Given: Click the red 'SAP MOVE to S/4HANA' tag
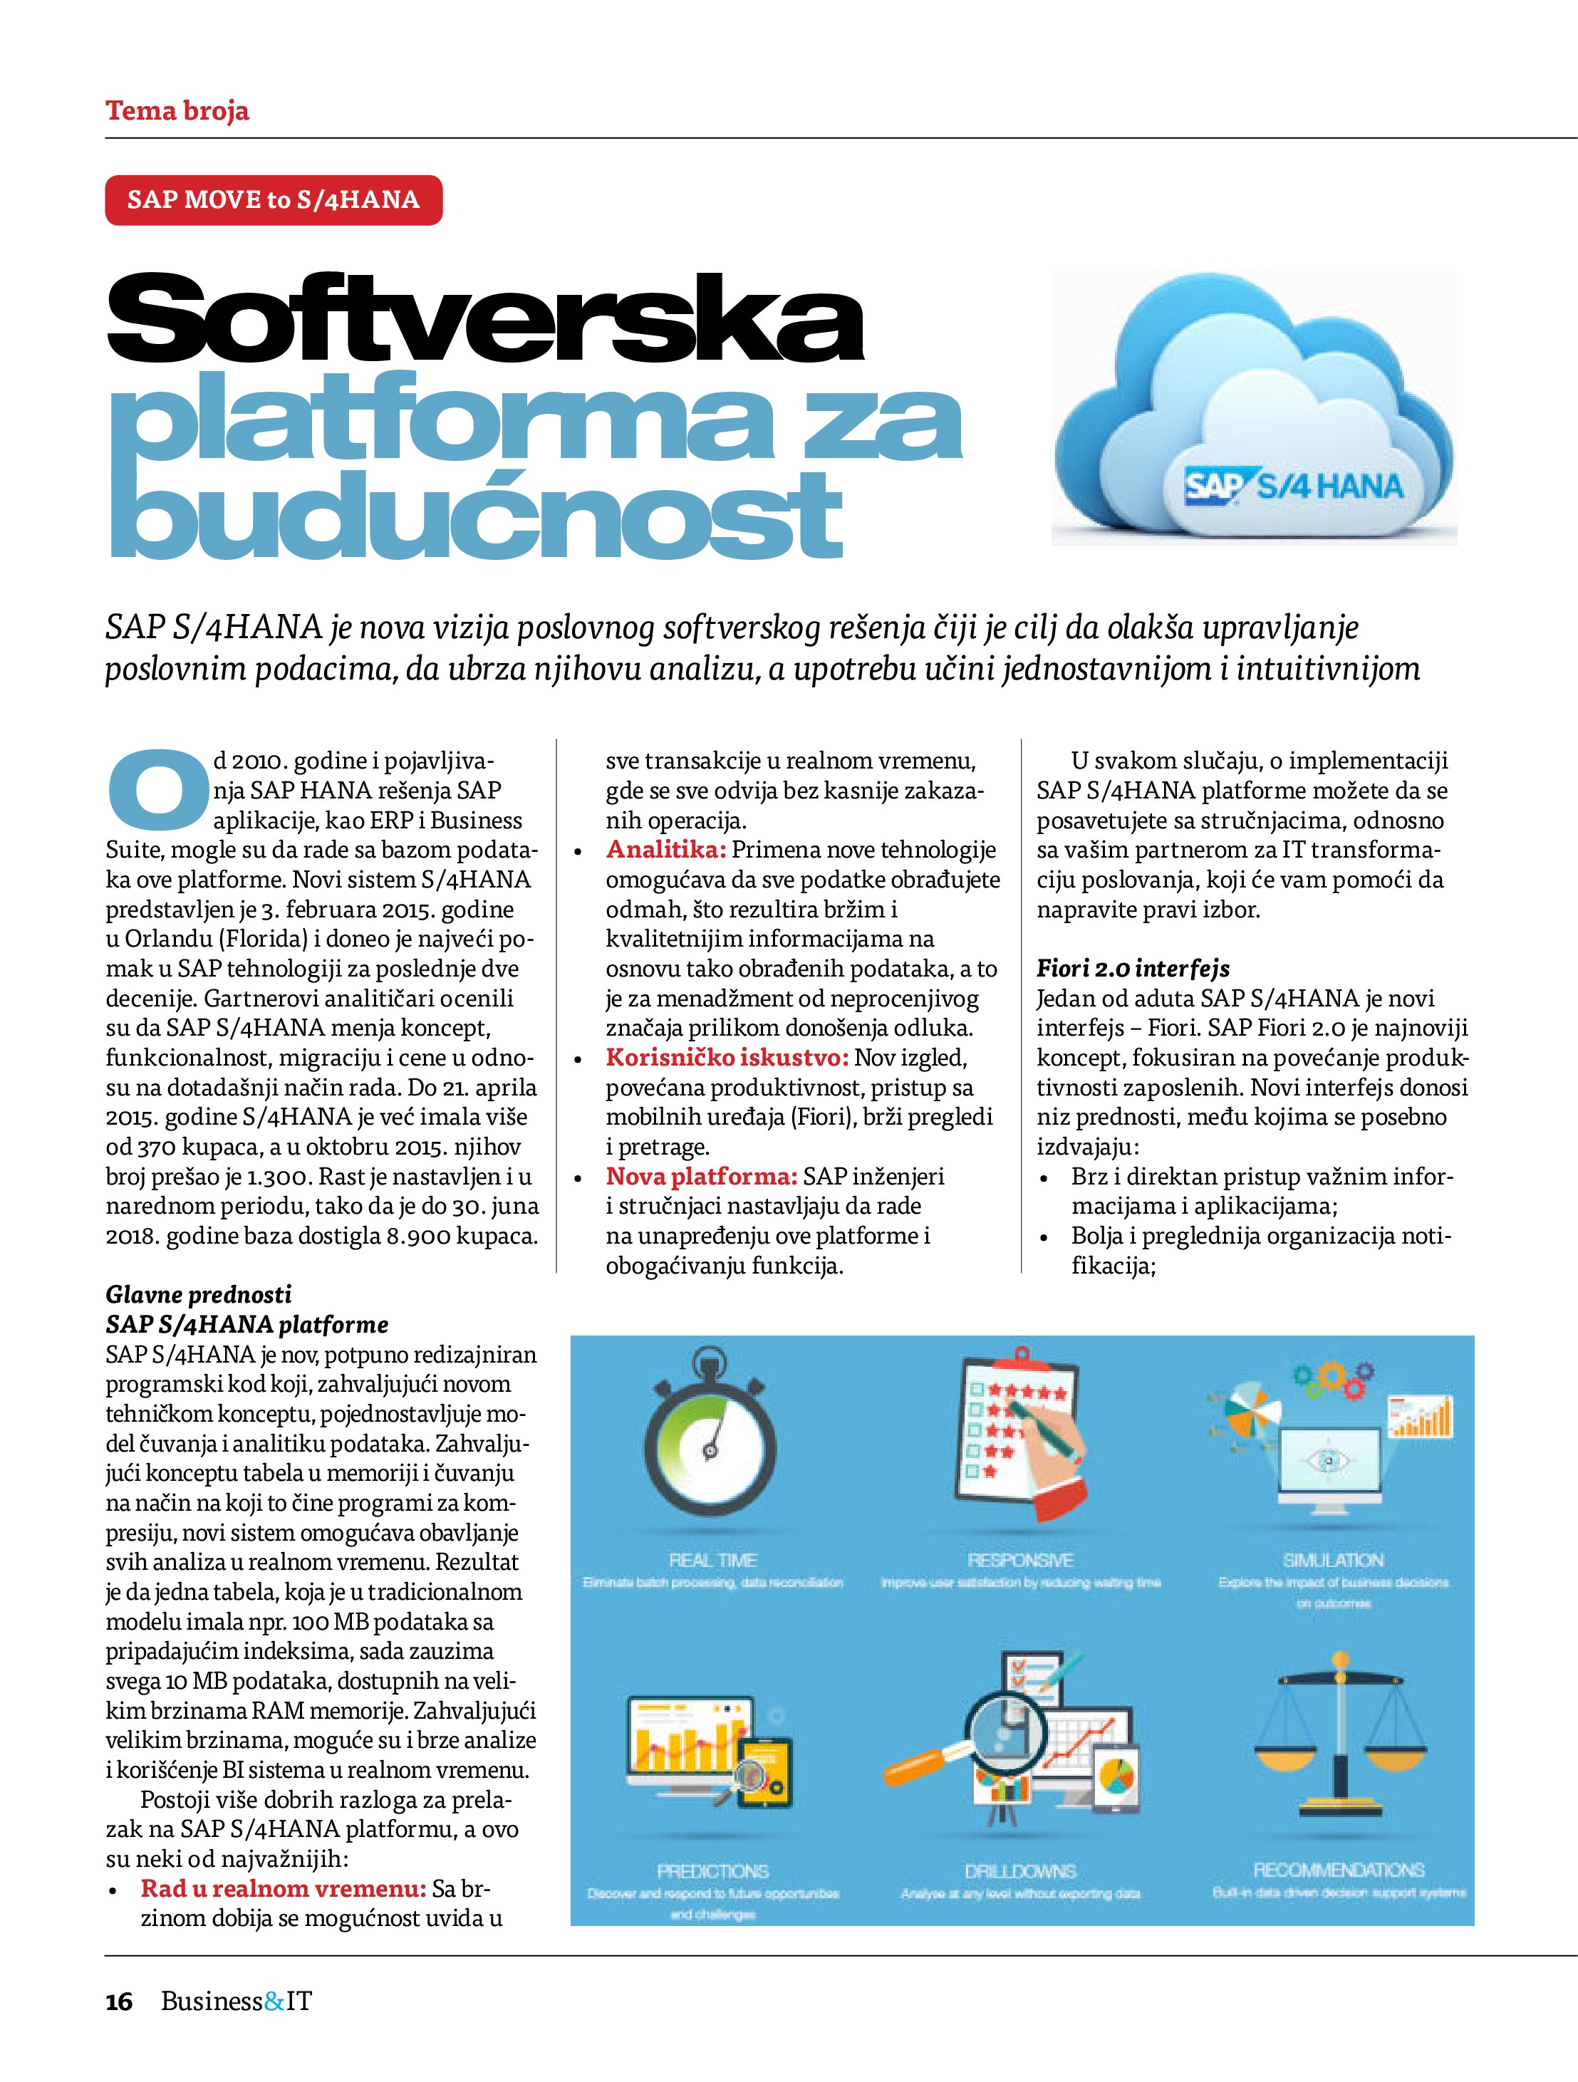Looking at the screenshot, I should click(x=273, y=199).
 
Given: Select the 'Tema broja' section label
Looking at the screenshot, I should click(x=177, y=111).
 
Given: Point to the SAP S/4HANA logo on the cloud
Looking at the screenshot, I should click(x=1294, y=486).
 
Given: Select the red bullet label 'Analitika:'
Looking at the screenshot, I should click(x=665, y=850).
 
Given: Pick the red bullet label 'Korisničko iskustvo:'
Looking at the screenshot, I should click(x=727, y=1058).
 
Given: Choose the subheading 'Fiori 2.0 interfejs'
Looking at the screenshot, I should click(x=1133, y=969).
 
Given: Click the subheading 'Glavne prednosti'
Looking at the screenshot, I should click(x=199, y=1294).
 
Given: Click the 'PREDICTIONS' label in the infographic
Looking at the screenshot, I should click(x=712, y=1871).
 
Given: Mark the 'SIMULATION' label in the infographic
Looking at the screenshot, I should click(x=1333, y=1561).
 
